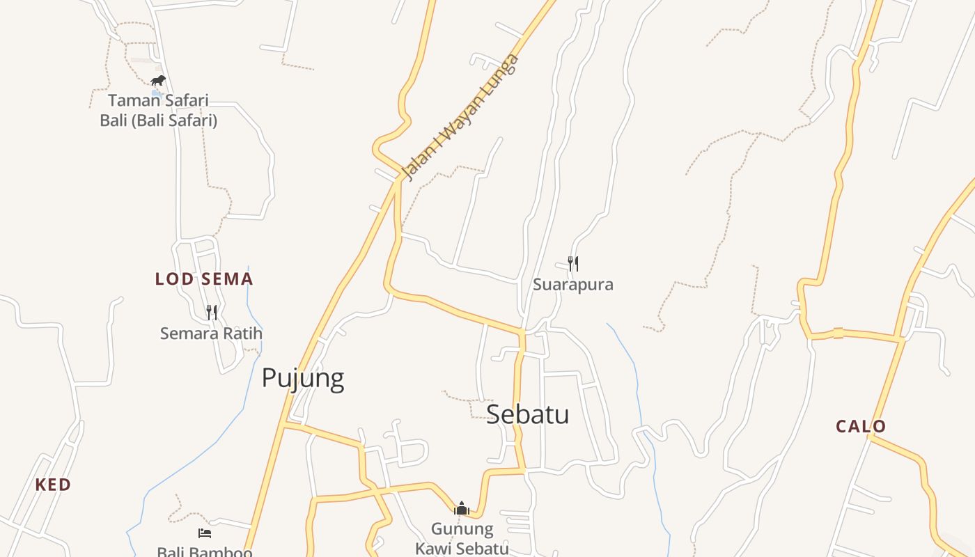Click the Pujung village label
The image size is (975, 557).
pos(303,378)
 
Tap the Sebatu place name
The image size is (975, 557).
pos(527,414)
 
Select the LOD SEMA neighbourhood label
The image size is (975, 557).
pos(203,279)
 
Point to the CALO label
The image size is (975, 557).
pos(861,426)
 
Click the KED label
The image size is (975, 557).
pos(53,485)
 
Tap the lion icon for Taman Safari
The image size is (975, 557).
pos(158,80)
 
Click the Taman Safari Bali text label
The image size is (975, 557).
pos(158,110)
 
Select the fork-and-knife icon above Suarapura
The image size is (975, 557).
pos(572,263)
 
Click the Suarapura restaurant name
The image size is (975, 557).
pos(572,284)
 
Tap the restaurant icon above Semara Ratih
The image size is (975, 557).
pos(212,312)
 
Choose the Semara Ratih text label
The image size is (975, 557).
pos(211,334)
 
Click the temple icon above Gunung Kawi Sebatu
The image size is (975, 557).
pos(461,508)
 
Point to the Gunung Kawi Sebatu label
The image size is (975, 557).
pos(462,538)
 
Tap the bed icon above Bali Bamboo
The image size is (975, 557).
pos(205,533)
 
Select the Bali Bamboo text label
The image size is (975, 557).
pos(204,552)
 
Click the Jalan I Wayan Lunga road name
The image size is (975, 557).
pos(461,117)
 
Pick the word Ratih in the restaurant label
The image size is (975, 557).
pos(243,334)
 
